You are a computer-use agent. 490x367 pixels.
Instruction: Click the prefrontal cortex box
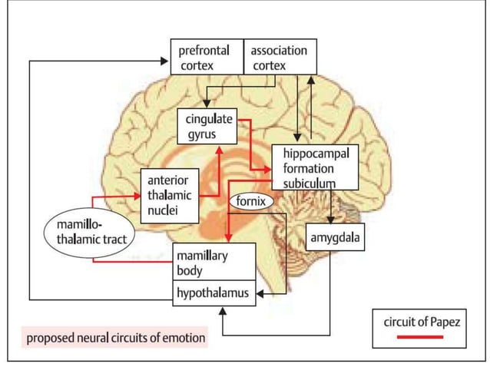tap(207, 58)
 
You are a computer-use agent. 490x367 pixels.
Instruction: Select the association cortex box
tap(279, 58)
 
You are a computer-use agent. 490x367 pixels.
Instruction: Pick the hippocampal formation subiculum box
tap(315, 167)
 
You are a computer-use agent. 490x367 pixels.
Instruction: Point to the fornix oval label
tap(250, 202)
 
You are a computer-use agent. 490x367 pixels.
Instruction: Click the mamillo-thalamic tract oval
tap(87, 231)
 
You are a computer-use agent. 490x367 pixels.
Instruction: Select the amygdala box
tap(334, 237)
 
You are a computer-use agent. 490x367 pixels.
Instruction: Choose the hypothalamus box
tap(213, 293)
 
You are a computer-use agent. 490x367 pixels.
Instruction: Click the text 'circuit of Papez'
tap(422, 322)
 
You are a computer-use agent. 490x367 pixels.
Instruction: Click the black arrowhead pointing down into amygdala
tap(331, 220)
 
